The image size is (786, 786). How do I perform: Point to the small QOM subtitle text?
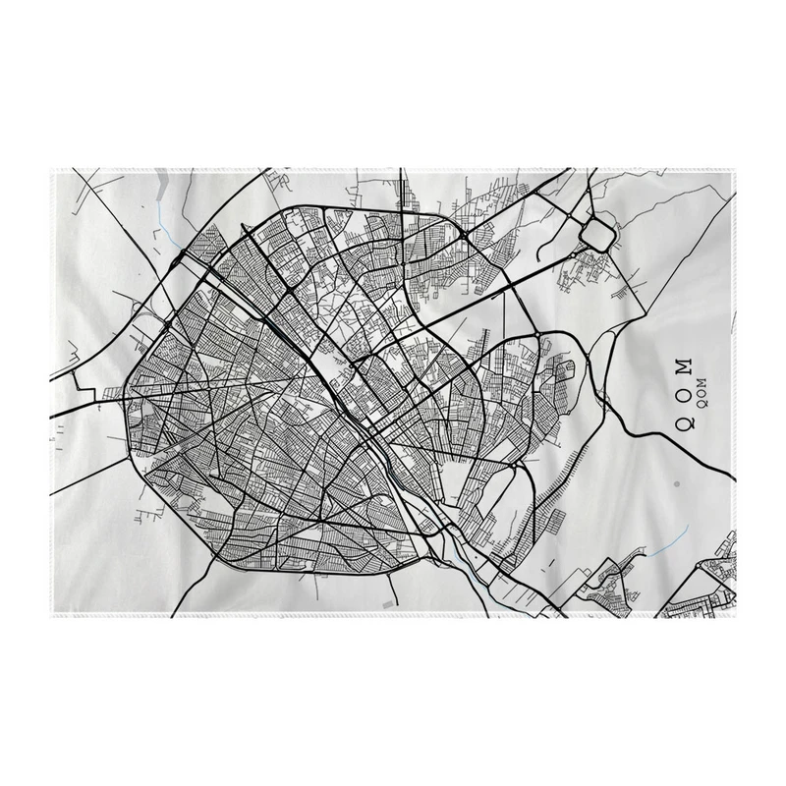(701, 391)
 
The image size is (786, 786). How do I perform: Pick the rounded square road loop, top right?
(596, 234)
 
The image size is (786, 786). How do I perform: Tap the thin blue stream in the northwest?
(161, 212)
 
